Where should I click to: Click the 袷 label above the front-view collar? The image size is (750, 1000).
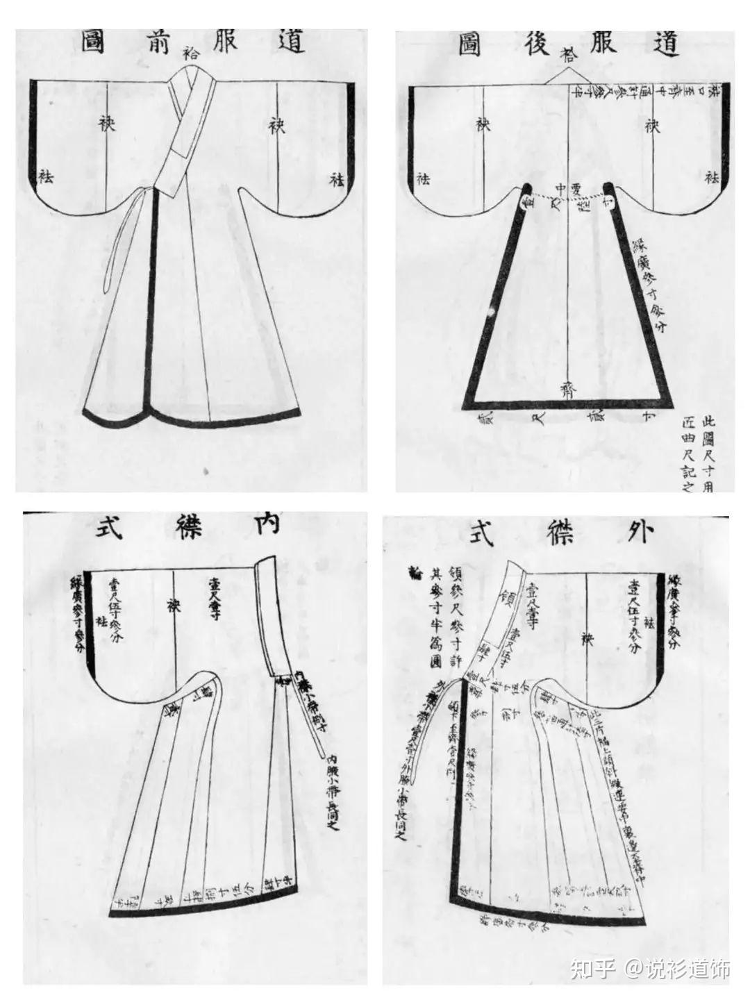tap(191, 51)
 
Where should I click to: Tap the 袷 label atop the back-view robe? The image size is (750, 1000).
tap(568, 54)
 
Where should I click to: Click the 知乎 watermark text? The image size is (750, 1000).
tap(591, 968)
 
